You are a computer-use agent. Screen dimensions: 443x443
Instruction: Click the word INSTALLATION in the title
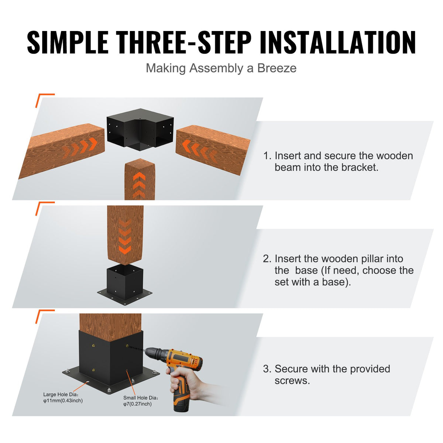pos(337,43)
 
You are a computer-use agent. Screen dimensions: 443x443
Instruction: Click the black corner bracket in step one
pos(140,129)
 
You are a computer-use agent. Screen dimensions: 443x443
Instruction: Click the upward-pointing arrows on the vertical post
pos(139,185)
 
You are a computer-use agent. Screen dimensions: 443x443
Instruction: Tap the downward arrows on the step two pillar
pos(125,236)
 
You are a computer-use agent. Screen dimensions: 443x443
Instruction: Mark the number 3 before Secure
pos(267,369)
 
